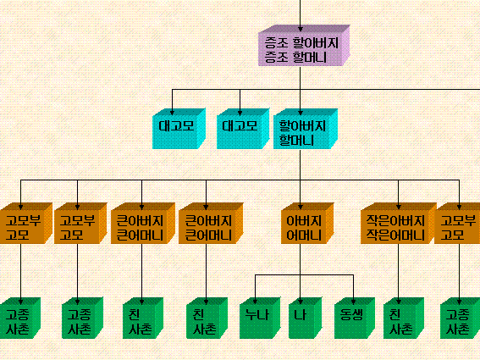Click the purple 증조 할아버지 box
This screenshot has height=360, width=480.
304,46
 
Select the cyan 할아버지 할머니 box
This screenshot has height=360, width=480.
306,129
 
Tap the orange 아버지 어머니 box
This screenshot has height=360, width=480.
307,224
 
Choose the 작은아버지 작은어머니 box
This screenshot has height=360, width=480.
398,224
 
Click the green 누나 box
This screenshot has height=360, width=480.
260,318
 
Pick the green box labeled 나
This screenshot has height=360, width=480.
305,318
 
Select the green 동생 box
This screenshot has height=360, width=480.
355,318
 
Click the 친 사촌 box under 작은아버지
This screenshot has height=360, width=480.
404,318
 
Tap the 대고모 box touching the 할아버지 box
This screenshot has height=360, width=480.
243,129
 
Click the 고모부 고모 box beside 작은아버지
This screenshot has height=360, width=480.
457,224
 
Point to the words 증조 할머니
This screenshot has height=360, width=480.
295,58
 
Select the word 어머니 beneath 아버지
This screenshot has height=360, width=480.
304,235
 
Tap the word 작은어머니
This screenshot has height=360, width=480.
395,235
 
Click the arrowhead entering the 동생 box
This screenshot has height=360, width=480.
353,302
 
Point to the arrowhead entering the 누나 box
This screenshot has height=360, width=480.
256,302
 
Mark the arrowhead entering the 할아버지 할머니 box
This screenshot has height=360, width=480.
300,113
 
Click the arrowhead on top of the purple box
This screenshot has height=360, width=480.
300,29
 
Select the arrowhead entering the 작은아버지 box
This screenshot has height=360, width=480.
398,208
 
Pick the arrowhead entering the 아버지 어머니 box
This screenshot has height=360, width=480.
300,208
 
